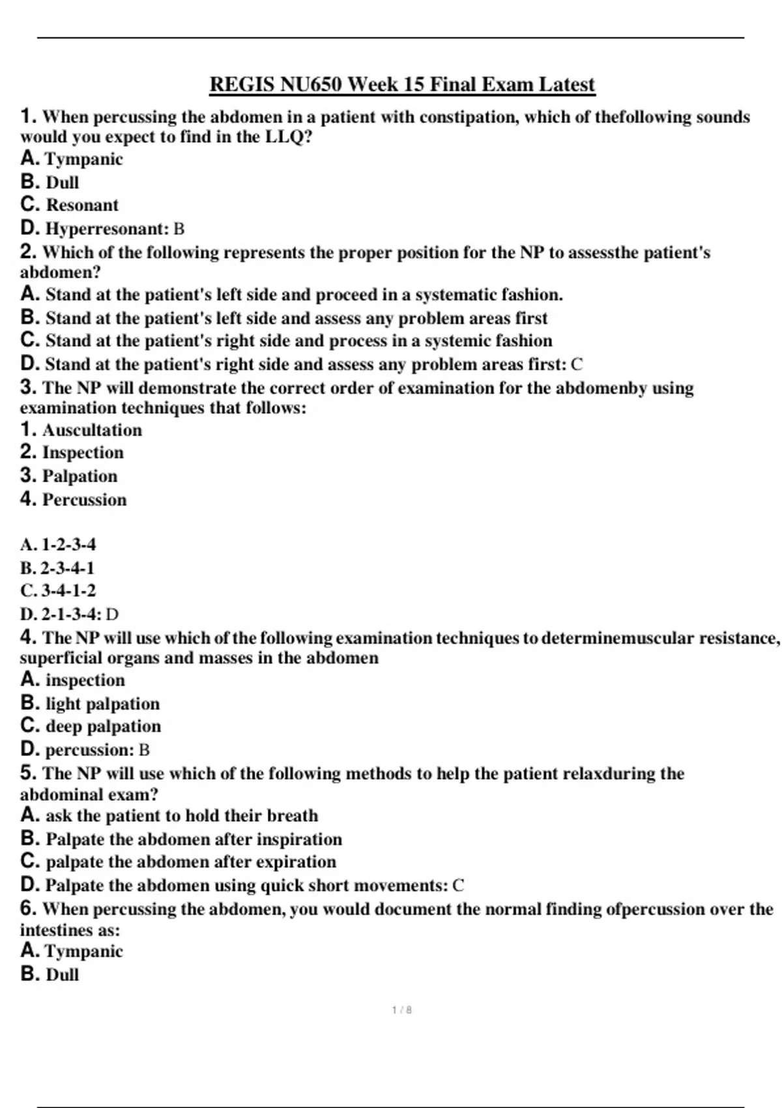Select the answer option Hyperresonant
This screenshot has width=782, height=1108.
(107, 229)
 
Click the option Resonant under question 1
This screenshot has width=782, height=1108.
(82, 205)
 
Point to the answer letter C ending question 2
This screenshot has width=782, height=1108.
(576, 364)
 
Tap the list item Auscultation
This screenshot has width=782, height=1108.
(92, 430)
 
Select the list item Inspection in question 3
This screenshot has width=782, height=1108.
(83, 452)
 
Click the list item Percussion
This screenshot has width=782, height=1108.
(84, 500)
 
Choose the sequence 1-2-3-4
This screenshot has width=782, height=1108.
(68, 544)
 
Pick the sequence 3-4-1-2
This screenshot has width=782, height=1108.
(68, 590)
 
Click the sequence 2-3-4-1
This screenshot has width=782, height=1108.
(68, 568)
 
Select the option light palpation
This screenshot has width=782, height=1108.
(102, 704)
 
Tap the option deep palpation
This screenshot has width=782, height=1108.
(103, 726)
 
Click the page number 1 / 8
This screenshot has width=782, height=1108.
(401, 1010)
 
